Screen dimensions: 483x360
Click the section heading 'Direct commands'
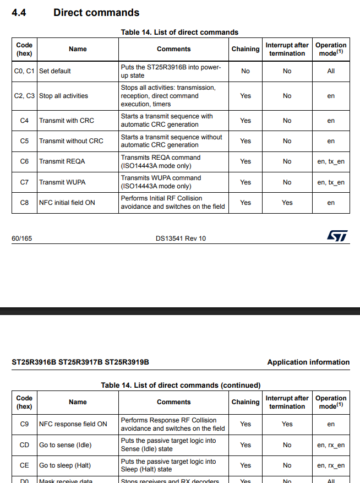(x=96, y=12)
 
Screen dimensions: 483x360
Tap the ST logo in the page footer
(x=337, y=236)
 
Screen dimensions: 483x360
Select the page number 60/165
(x=22, y=238)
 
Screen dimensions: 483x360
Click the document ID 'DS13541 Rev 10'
(x=181, y=238)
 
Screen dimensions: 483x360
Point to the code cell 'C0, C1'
(x=24, y=71)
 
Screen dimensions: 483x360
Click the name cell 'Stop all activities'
(x=63, y=96)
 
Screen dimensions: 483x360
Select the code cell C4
(x=24, y=121)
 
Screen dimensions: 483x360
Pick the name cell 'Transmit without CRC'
(x=71, y=141)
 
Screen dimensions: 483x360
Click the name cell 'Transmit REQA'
(x=61, y=161)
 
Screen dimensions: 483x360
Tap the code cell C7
(x=24, y=182)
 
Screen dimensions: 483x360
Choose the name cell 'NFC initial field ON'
(x=67, y=203)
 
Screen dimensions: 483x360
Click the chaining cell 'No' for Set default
(x=246, y=71)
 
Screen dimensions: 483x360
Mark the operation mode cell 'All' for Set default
(x=331, y=71)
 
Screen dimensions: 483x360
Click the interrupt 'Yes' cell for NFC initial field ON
(x=287, y=203)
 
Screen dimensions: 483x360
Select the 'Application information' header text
(x=308, y=362)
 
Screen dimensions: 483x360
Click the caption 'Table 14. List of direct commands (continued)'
(x=181, y=385)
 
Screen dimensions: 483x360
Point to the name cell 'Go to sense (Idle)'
(x=66, y=445)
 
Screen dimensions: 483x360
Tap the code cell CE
(x=24, y=465)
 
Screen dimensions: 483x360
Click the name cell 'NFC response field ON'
(x=73, y=424)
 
